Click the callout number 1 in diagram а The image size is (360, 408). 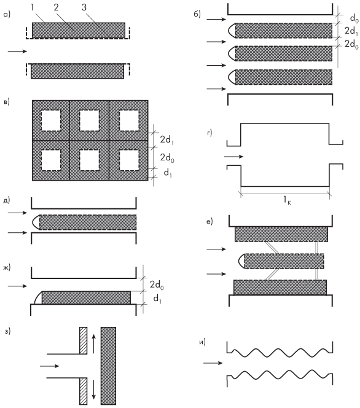pyautogui.click(x=33, y=7)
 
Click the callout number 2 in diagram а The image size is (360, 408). pyautogui.click(x=56, y=7)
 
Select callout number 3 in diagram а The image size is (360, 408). pyautogui.click(x=84, y=7)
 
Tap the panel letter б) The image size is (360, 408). pyautogui.click(x=197, y=14)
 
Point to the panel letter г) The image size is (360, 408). pyautogui.click(x=209, y=133)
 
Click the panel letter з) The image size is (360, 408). pyautogui.click(x=7, y=331)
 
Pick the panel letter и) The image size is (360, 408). pyautogui.click(x=202, y=342)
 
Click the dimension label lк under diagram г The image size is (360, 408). pyautogui.click(x=288, y=200)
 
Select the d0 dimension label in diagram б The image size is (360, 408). pyautogui.click(x=354, y=18)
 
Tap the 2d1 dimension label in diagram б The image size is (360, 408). pyautogui.click(x=351, y=31)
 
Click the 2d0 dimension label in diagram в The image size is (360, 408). pyautogui.click(x=167, y=158)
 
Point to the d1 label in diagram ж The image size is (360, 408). pyautogui.click(x=157, y=299)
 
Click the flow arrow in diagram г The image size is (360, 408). pyautogui.click(x=233, y=157)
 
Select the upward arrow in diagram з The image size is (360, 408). pyautogui.click(x=94, y=344)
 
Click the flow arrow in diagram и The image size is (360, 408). pyautogui.click(x=213, y=363)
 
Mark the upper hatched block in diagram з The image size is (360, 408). pyautogui.click(x=83, y=340)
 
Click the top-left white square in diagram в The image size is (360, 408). pyautogui.click(x=51, y=120)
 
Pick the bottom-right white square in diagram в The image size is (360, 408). pyautogui.click(x=129, y=160)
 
